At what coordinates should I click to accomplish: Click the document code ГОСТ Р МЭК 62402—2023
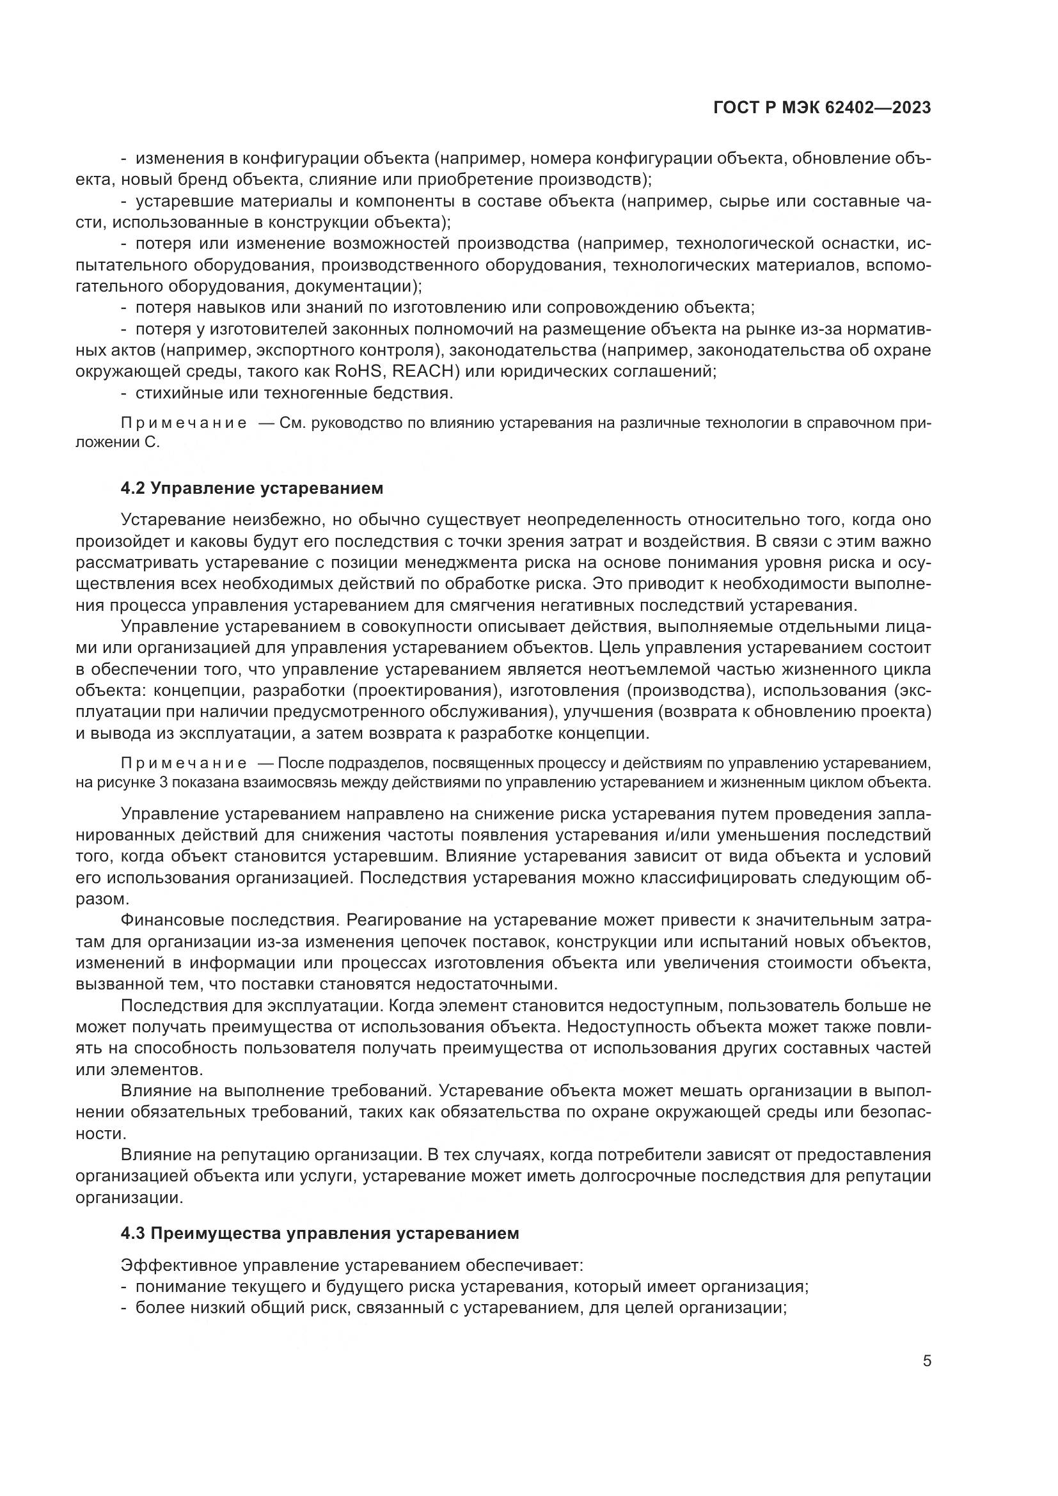(822, 108)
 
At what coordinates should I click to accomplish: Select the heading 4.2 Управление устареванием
(252, 488)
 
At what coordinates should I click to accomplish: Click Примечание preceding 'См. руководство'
(184, 423)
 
